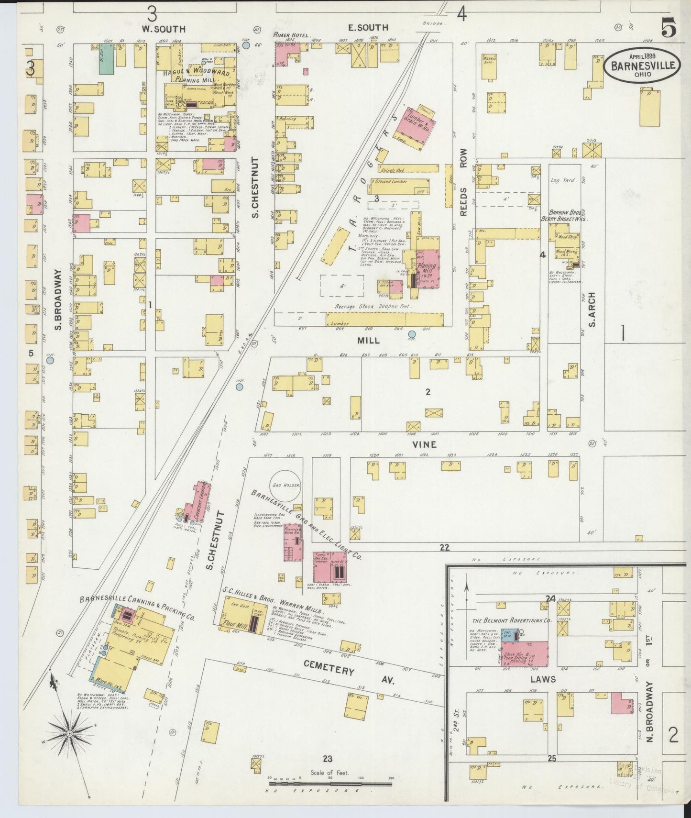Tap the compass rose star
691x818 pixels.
(x=70, y=733)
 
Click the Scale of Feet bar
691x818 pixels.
(x=330, y=784)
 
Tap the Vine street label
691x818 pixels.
(x=425, y=444)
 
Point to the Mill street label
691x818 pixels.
(x=368, y=341)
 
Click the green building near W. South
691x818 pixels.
(x=106, y=58)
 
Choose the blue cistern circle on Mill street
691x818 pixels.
(x=412, y=333)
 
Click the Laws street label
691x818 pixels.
(x=543, y=679)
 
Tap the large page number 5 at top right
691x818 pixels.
(x=668, y=30)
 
